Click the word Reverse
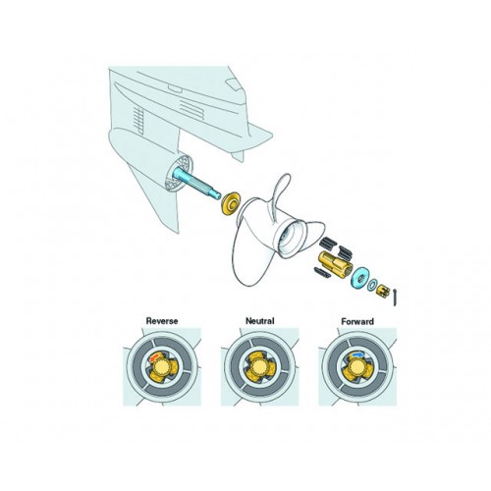[161, 320]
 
